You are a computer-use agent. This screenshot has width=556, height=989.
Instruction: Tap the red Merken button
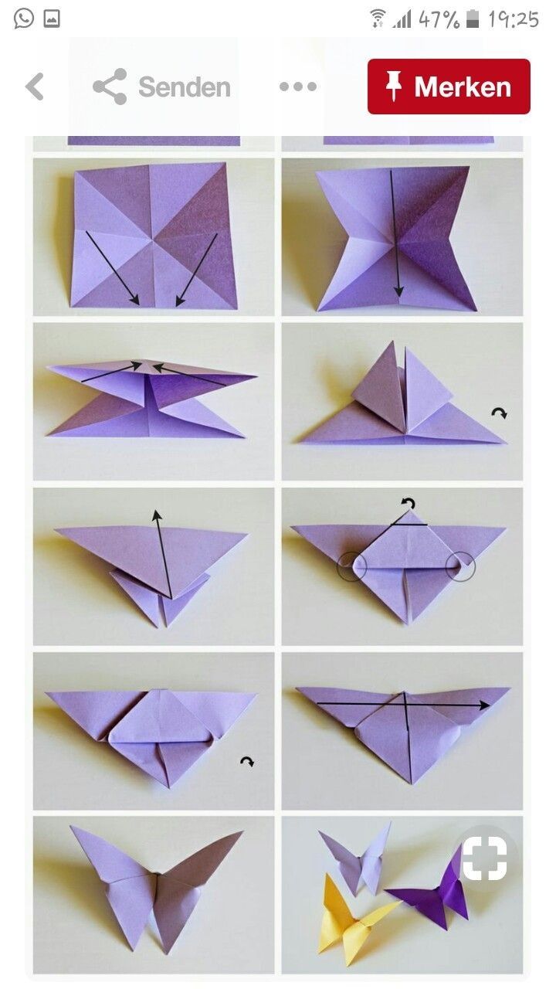coord(449,87)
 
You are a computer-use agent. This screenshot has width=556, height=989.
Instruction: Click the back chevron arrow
coord(35,87)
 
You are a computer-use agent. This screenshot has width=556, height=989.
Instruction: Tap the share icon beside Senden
coord(110,87)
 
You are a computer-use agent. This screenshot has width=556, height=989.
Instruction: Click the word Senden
coord(185,87)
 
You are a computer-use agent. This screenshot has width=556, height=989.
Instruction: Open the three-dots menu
coord(298,87)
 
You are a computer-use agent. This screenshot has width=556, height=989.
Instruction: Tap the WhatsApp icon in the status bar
coord(23,19)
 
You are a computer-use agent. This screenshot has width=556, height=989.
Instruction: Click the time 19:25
coord(514,19)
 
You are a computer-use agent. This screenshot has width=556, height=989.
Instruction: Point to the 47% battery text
coord(439,19)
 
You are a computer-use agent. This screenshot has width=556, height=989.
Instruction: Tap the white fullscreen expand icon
coord(484,857)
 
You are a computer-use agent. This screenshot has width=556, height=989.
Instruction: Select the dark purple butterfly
coord(430,888)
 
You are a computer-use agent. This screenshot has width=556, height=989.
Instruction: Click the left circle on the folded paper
coord(351,566)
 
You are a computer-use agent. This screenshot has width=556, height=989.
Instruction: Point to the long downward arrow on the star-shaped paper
coord(395,233)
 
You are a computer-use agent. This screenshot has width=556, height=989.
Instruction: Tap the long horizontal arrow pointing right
coord(403,704)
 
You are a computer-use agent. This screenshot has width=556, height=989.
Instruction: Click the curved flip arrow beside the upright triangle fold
coord(500,413)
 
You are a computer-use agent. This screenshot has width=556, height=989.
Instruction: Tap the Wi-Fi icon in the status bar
coord(378,19)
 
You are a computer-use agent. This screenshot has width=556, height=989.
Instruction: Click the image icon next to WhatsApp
coord(52,19)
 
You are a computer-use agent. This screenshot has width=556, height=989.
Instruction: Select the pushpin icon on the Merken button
coord(393,87)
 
